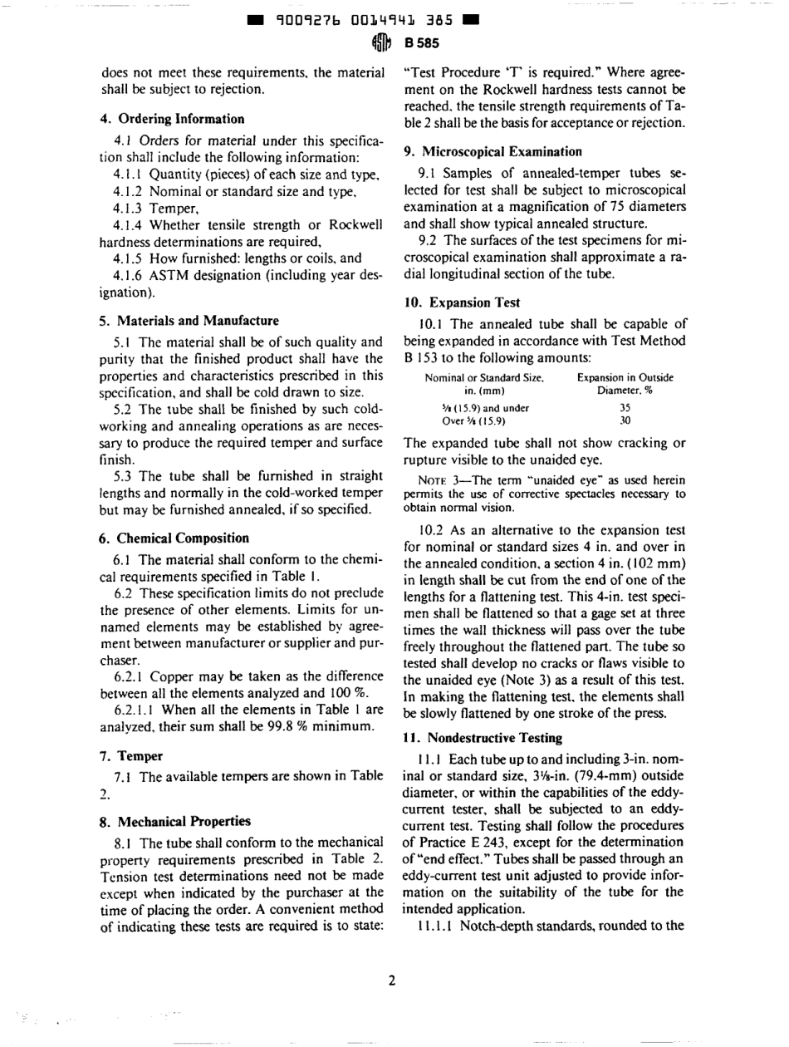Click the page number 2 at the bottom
pyautogui.click(x=391, y=978)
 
